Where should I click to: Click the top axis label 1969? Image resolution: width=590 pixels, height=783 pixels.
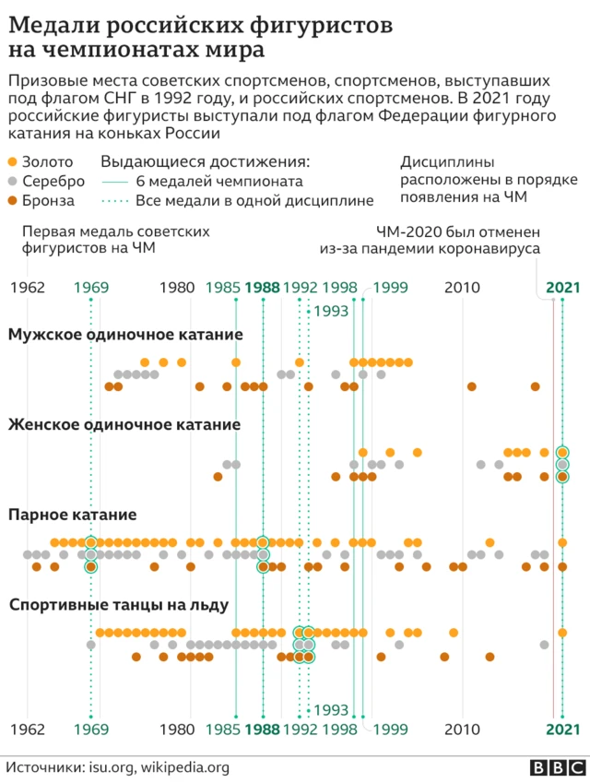(x=90, y=288)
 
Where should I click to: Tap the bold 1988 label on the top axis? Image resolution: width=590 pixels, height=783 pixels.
(x=263, y=288)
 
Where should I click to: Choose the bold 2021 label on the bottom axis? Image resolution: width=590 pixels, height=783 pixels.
(x=562, y=730)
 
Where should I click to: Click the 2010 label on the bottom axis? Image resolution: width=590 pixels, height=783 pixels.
(x=462, y=730)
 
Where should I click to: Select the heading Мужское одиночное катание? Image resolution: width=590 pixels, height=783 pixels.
(x=125, y=335)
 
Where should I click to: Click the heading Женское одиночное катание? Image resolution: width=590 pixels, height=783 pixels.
(x=124, y=425)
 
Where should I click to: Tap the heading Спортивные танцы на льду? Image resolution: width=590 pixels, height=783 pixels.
(x=119, y=605)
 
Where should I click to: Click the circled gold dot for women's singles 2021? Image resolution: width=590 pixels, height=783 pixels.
(x=562, y=453)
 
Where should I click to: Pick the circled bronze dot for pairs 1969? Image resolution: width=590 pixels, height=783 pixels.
(x=90, y=566)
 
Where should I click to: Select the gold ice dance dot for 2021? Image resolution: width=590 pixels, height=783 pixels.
(x=562, y=633)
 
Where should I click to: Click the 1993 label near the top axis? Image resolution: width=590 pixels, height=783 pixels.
(x=331, y=312)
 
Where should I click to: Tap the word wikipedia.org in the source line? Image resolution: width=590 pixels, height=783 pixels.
(x=184, y=766)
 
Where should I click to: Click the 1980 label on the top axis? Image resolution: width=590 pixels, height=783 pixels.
(x=177, y=288)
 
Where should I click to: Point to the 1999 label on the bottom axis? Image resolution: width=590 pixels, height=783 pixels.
(x=390, y=730)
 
